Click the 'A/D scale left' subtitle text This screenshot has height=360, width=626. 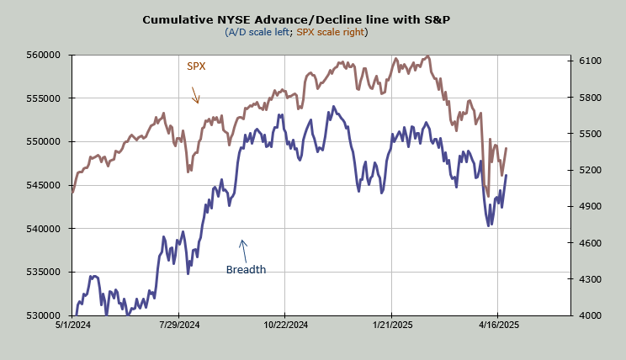[257, 32]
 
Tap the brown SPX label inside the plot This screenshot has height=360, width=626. [196, 65]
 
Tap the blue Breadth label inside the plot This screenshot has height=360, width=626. [246, 270]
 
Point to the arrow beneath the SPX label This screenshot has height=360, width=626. [194, 93]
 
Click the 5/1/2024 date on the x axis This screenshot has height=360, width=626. [73, 324]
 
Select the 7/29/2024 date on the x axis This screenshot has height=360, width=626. [180, 324]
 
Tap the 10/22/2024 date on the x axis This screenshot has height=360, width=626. [287, 324]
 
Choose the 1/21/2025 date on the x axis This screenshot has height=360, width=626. [391, 324]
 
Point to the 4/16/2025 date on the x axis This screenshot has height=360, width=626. [497, 324]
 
